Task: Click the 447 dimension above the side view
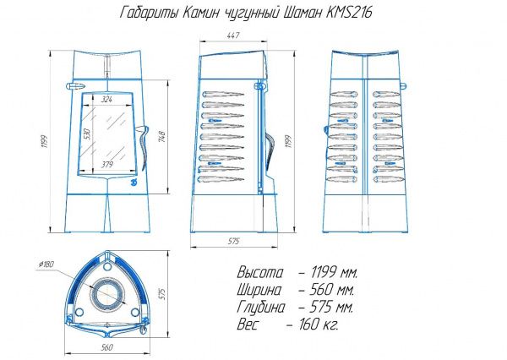(x=233, y=35)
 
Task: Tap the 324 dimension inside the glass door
(x=106, y=100)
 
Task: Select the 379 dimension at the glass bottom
(x=107, y=165)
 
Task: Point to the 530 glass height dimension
(x=87, y=134)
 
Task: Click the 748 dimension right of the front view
(x=162, y=137)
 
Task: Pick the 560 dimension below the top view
(x=106, y=347)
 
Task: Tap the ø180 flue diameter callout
(x=46, y=265)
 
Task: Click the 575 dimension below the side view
(x=233, y=241)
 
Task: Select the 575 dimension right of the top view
(x=162, y=294)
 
